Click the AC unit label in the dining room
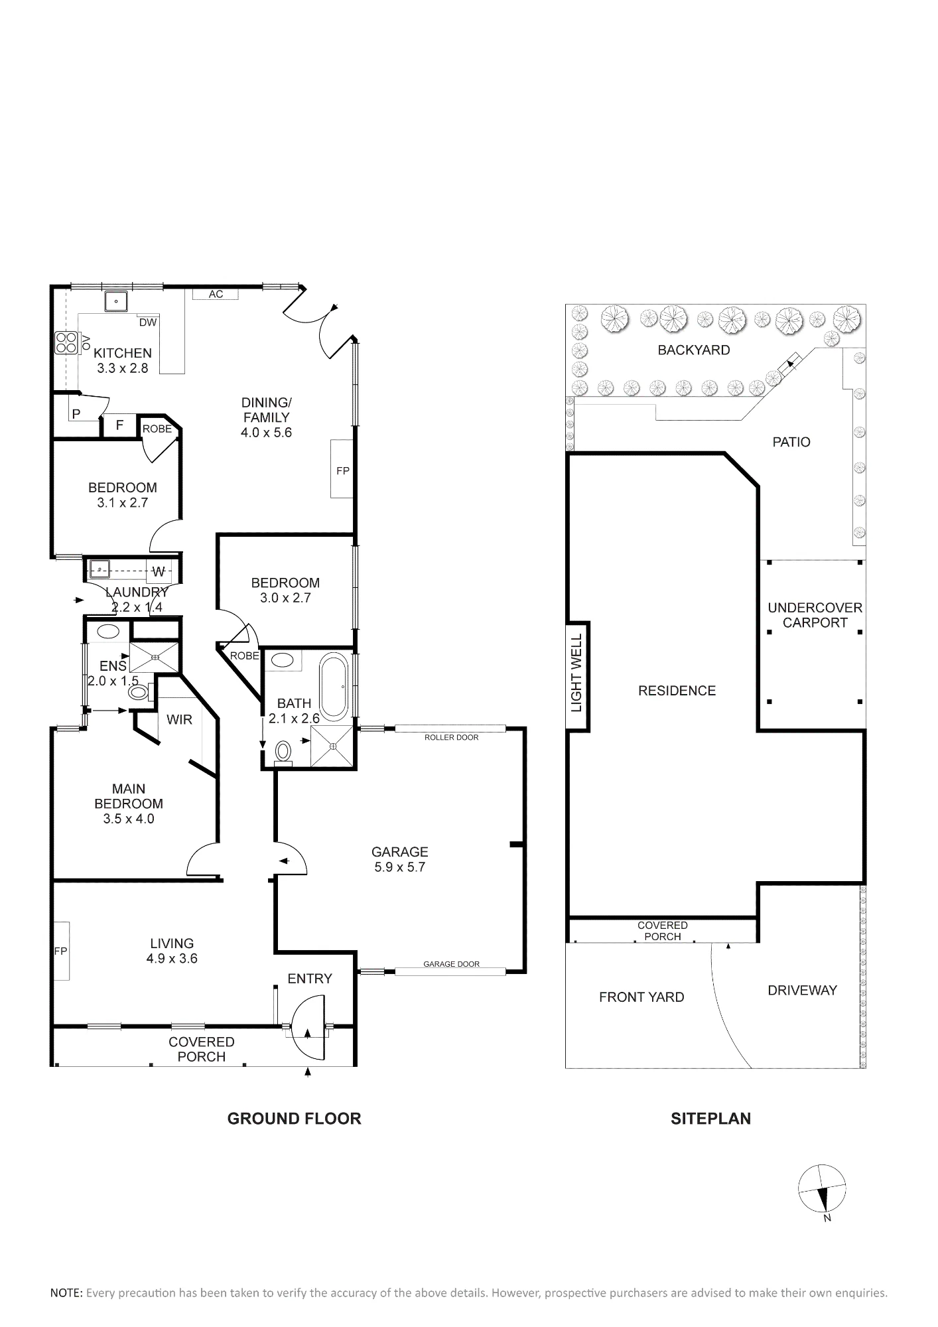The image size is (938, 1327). pyautogui.click(x=216, y=294)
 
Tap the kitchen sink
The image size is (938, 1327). pyautogui.click(x=115, y=301)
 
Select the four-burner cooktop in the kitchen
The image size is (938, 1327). pyautogui.click(x=66, y=342)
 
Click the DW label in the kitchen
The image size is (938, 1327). pyautogui.click(x=148, y=322)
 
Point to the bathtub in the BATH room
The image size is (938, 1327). pyautogui.click(x=334, y=687)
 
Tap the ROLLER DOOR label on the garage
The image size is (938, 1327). pyautogui.click(x=452, y=737)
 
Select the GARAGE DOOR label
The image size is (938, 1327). pyautogui.click(x=452, y=964)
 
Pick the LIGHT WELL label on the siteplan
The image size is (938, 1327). pyautogui.click(x=576, y=673)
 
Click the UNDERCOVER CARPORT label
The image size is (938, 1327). pyautogui.click(x=815, y=615)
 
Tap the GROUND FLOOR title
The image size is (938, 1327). pyautogui.click(x=294, y=1119)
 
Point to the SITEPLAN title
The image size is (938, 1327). pyautogui.click(x=710, y=1119)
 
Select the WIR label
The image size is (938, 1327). pyautogui.click(x=179, y=719)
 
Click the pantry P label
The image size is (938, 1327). pyautogui.click(x=76, y=414)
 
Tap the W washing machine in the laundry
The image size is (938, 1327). pyautogui.click(x=159, y=571)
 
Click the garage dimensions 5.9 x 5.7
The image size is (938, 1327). pyautogui.click(x=399, y=867)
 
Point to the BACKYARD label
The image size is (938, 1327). pyautogui.click(x=694, y=350)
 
